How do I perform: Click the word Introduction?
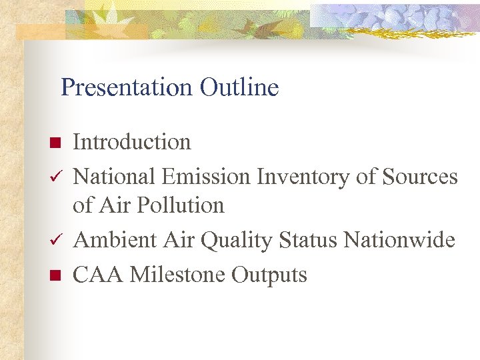[x=131, y=142]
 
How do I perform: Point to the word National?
[x=114, y=177]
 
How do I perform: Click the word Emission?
[x=205, y=177]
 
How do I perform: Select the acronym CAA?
[x=96, y=274]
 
